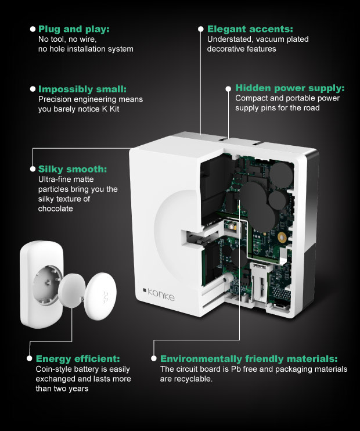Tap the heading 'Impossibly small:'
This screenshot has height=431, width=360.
point(82,89)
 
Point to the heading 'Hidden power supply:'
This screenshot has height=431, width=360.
point(290,88)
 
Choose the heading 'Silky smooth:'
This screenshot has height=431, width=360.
point(73,169)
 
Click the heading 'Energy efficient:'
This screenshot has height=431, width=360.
point(78,358)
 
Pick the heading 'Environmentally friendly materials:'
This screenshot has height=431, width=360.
point(249,358)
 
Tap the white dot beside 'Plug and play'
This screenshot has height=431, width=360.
point(33,28)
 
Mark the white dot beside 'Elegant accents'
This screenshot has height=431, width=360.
point(201,28)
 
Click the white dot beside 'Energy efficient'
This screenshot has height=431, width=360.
point(30,358)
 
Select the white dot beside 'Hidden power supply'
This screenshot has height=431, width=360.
point(229,89)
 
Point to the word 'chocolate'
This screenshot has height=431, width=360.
point(55,209)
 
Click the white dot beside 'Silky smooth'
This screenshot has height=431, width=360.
point(33,169)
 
